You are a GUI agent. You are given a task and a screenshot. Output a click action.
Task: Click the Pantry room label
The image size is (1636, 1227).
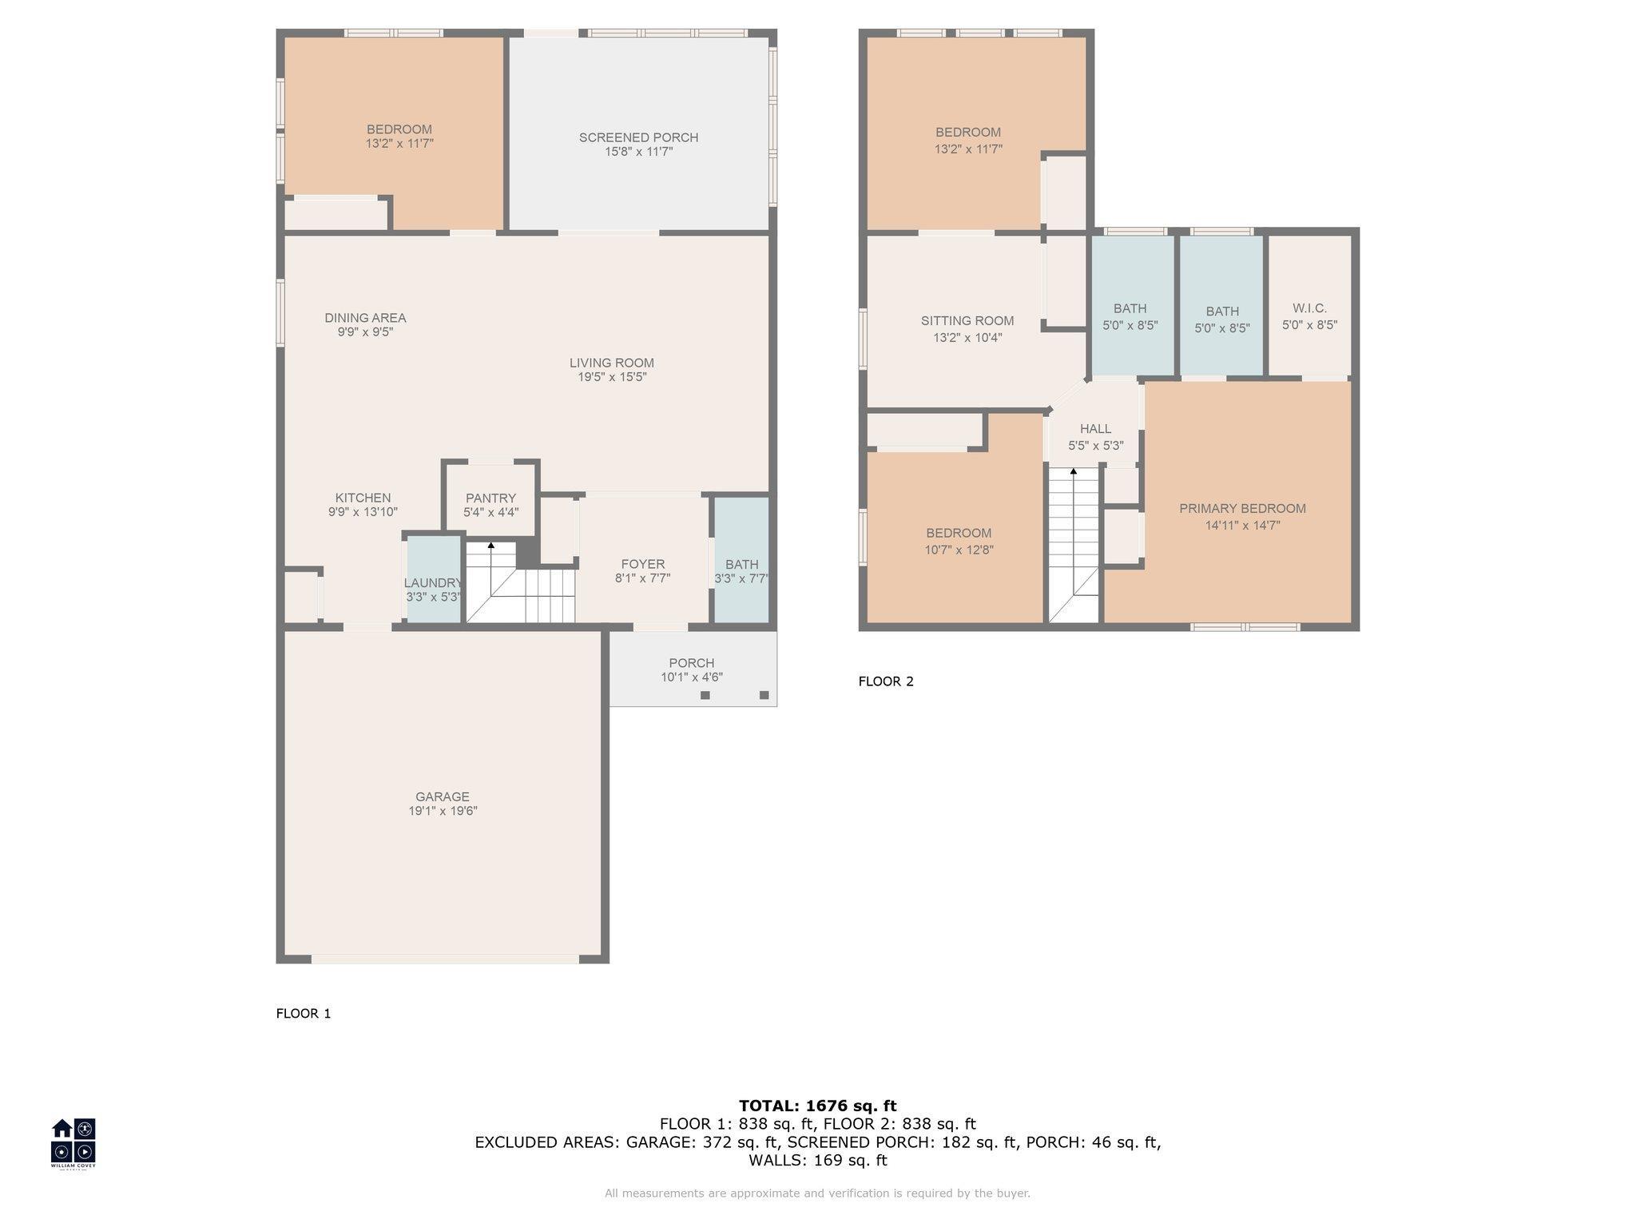[490, 498]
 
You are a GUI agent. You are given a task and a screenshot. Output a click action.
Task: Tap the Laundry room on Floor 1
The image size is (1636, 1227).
[435, 579]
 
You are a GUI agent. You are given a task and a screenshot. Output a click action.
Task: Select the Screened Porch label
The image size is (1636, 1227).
[638, 137]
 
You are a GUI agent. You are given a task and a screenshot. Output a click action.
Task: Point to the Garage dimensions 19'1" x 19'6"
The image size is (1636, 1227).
[443, 811]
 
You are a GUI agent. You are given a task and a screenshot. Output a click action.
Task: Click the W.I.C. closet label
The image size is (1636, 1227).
[1309, 308]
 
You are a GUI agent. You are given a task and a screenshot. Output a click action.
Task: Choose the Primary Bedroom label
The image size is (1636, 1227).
[1242, 508]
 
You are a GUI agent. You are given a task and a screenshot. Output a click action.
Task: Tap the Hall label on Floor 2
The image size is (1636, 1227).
[1095, 429]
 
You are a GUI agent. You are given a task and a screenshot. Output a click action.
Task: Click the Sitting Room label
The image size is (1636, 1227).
[967, 320]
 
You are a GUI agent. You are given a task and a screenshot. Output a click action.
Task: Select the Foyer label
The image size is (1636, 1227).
[642, 564]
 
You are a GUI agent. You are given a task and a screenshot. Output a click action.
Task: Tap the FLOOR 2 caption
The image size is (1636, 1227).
[886, 681]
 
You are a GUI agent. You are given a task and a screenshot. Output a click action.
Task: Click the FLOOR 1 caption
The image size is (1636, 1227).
[304, 1014]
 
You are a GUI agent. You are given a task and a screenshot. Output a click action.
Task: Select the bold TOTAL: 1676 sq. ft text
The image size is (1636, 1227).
[818, 1106]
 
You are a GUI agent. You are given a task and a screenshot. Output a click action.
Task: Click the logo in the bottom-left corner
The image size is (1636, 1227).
[73, 1142]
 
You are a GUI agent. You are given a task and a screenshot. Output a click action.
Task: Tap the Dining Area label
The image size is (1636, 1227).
[365, 318]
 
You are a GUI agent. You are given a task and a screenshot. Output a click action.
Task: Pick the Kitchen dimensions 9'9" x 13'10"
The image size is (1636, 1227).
[363, 512]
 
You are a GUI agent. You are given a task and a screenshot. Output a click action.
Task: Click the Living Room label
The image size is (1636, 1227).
[612, 363]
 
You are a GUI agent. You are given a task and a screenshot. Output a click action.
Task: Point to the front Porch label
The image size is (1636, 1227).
[692, 663]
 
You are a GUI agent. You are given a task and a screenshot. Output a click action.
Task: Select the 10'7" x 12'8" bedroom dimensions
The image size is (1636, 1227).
[959, 550]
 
